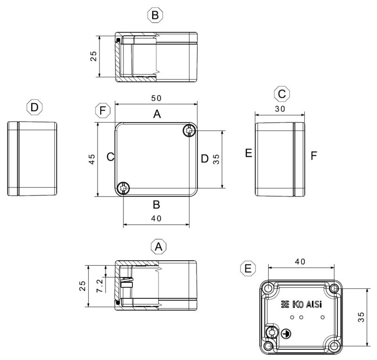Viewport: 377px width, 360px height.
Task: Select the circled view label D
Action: coord(34,107)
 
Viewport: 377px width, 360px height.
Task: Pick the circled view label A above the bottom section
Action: coord(159,246)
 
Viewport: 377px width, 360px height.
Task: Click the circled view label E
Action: coord(246,269)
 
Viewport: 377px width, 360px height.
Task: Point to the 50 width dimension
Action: coord(156,98)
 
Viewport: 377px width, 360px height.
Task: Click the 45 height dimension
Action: coord(92,159)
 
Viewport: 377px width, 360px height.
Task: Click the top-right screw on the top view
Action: coord(189,131)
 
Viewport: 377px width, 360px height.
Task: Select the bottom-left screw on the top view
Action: coord(123,188)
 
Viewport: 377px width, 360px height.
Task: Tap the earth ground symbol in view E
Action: coord(285,334)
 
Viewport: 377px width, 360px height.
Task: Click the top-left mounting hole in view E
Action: coord(269,288)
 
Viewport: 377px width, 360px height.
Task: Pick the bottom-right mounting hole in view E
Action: coord(335,346)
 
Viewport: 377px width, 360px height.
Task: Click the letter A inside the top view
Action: coord(157,114)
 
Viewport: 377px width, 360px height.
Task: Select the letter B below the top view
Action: coord(157,205)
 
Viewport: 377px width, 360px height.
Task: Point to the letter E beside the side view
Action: coord(248,154)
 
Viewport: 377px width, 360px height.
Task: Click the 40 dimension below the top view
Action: coord(156,218)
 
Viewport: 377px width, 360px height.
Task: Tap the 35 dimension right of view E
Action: coord(361,317)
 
